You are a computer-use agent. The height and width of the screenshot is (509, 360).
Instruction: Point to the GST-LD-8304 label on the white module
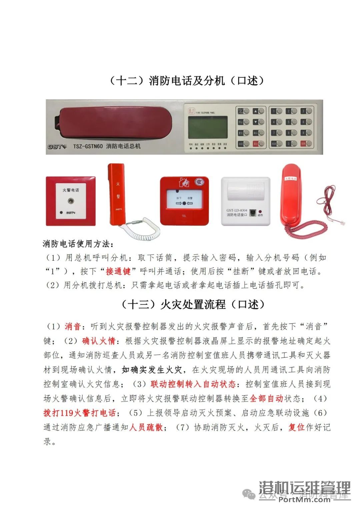click(x=237, y=210)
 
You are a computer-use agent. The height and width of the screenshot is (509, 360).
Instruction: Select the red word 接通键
click(x=118, y=271)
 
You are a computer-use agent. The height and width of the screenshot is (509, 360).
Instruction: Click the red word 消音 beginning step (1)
click(x=73, y=326)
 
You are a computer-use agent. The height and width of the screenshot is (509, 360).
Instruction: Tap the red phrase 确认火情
click(x=99, y=341)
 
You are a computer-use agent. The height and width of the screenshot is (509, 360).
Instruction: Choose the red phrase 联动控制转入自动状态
click(x=193, y=384)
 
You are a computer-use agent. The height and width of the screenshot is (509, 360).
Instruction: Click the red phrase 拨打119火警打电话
click(x=79, y=413)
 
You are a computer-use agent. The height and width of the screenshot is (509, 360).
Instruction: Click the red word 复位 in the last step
click(x=297, y=427)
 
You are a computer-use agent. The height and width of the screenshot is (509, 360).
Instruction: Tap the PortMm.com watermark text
click(x=304, y=499)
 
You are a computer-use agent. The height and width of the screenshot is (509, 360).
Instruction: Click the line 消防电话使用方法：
click(x=78, y=244)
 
